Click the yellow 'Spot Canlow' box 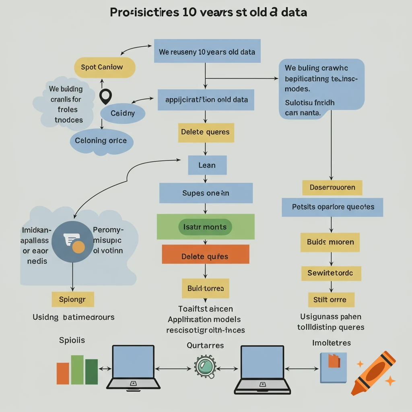click(x=104, y=67)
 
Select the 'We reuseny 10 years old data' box click(x=207, y=51)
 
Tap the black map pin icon click(x=105, y=96)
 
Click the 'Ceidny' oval click(x=123, y=113)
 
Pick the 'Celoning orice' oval click(x=101, y=141)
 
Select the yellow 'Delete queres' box click(x=205, y=132)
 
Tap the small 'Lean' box click(x=207, y=165)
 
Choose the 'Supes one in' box click(x=206, y=193)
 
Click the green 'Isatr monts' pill click(x=205, y=227)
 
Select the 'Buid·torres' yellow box click(x=205, y=288)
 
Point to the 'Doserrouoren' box click(x=332, y=187)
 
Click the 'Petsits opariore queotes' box click(x=332, y=207)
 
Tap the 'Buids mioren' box click(x=330, y=242)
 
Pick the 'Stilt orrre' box click(x=331, y=300)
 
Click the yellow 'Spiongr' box click(x=73, y=299)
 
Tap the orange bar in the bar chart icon click(x=63, y=373)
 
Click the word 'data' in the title click(x=294, y=12)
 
